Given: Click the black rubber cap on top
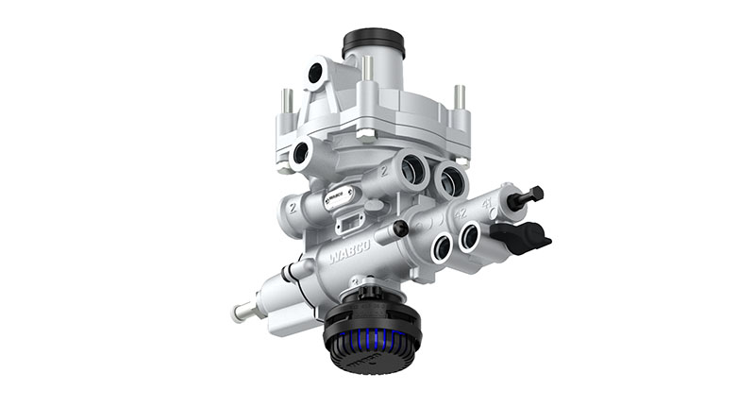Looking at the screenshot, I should (373, 42).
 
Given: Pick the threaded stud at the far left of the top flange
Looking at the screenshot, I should (287, 100).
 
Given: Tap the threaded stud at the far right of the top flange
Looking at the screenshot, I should (460, 97).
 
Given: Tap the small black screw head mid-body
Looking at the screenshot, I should (401, 229).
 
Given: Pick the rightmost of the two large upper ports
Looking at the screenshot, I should (452, 178).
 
